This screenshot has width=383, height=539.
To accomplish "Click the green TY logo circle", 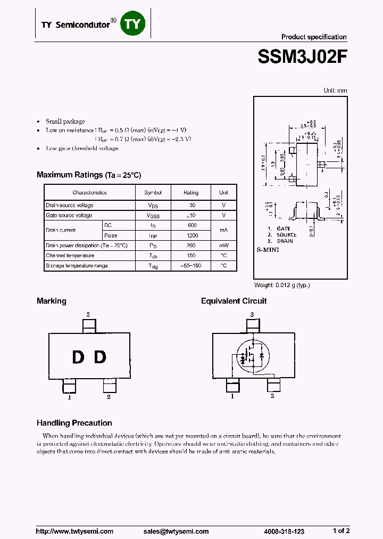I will [x=132, y=23].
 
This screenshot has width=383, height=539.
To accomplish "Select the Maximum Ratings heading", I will [x=89, y=175].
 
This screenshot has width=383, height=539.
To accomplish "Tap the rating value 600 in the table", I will [x=191, y=225].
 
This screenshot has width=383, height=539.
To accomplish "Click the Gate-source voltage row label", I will [x=69, y=215].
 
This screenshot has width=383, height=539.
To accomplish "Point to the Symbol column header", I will [x=153, y=192].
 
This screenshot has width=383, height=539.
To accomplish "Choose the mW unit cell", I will [x=223, y=246].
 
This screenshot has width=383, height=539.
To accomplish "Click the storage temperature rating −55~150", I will [x=191, y=266].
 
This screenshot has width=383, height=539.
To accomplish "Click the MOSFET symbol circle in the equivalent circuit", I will [x=251, y=356].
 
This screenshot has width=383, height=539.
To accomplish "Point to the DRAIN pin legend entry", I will [x=285, y=241].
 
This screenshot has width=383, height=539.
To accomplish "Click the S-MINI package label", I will [x=268, y=249].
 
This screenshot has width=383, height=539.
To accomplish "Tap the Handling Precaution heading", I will [x=74, y=423].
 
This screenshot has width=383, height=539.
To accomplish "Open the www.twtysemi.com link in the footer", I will [x=74, y=531].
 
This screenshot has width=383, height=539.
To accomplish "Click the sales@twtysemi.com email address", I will [x=181, y=531].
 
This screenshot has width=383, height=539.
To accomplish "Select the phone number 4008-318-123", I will [x=284, y=531].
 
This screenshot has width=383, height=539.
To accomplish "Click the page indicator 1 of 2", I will [x=341, y=530].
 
